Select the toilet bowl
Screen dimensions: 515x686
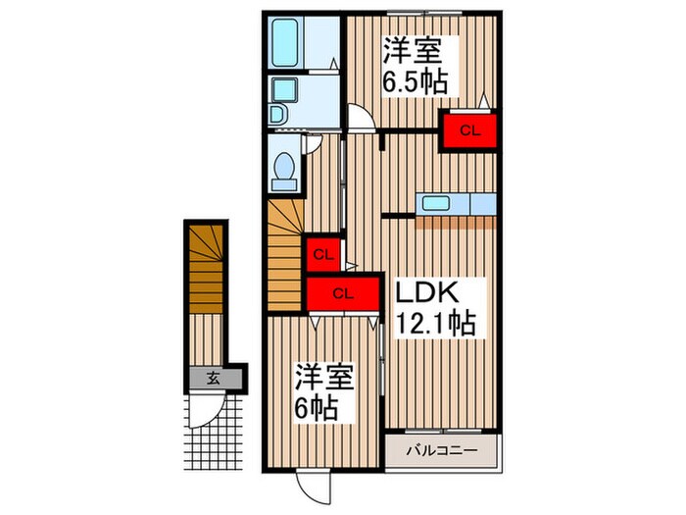(284, 171)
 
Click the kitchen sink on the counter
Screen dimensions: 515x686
(436, 204)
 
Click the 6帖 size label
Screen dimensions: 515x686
(319, 406)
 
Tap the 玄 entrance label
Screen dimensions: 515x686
(212, 377)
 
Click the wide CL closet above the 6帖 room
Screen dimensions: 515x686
(342, 292)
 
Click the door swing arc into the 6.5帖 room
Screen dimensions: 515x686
(360, 117)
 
